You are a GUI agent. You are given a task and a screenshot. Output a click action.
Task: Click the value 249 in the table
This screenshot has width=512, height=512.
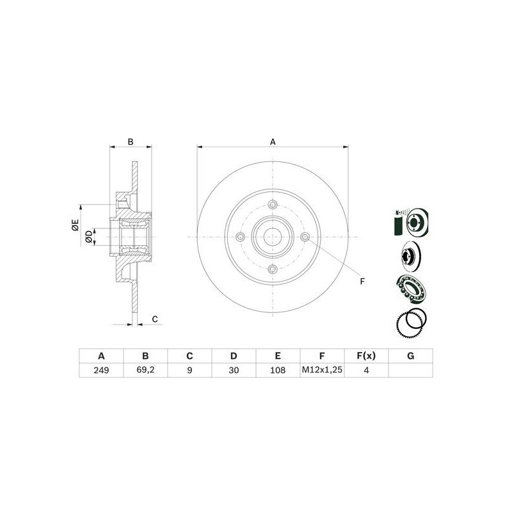point(101,370)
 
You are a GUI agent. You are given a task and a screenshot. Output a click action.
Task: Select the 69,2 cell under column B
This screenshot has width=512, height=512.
point(146,370)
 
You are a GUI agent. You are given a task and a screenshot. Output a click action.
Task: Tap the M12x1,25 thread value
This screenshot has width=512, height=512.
point(322,370)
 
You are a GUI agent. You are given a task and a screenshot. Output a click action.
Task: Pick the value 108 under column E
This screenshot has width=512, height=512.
point(278,370)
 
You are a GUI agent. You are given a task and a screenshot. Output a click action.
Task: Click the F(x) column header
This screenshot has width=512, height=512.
point(366,356)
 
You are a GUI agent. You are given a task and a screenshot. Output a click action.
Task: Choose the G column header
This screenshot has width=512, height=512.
point(410,356)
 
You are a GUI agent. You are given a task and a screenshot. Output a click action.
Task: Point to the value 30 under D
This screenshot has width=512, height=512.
point(234,370)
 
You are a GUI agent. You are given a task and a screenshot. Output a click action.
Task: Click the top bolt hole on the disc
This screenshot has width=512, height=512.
point(273,205)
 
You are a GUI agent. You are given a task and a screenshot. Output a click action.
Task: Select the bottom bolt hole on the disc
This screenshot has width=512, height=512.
point(273,269)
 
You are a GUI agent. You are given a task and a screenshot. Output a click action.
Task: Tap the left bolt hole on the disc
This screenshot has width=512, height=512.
point(241,237)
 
